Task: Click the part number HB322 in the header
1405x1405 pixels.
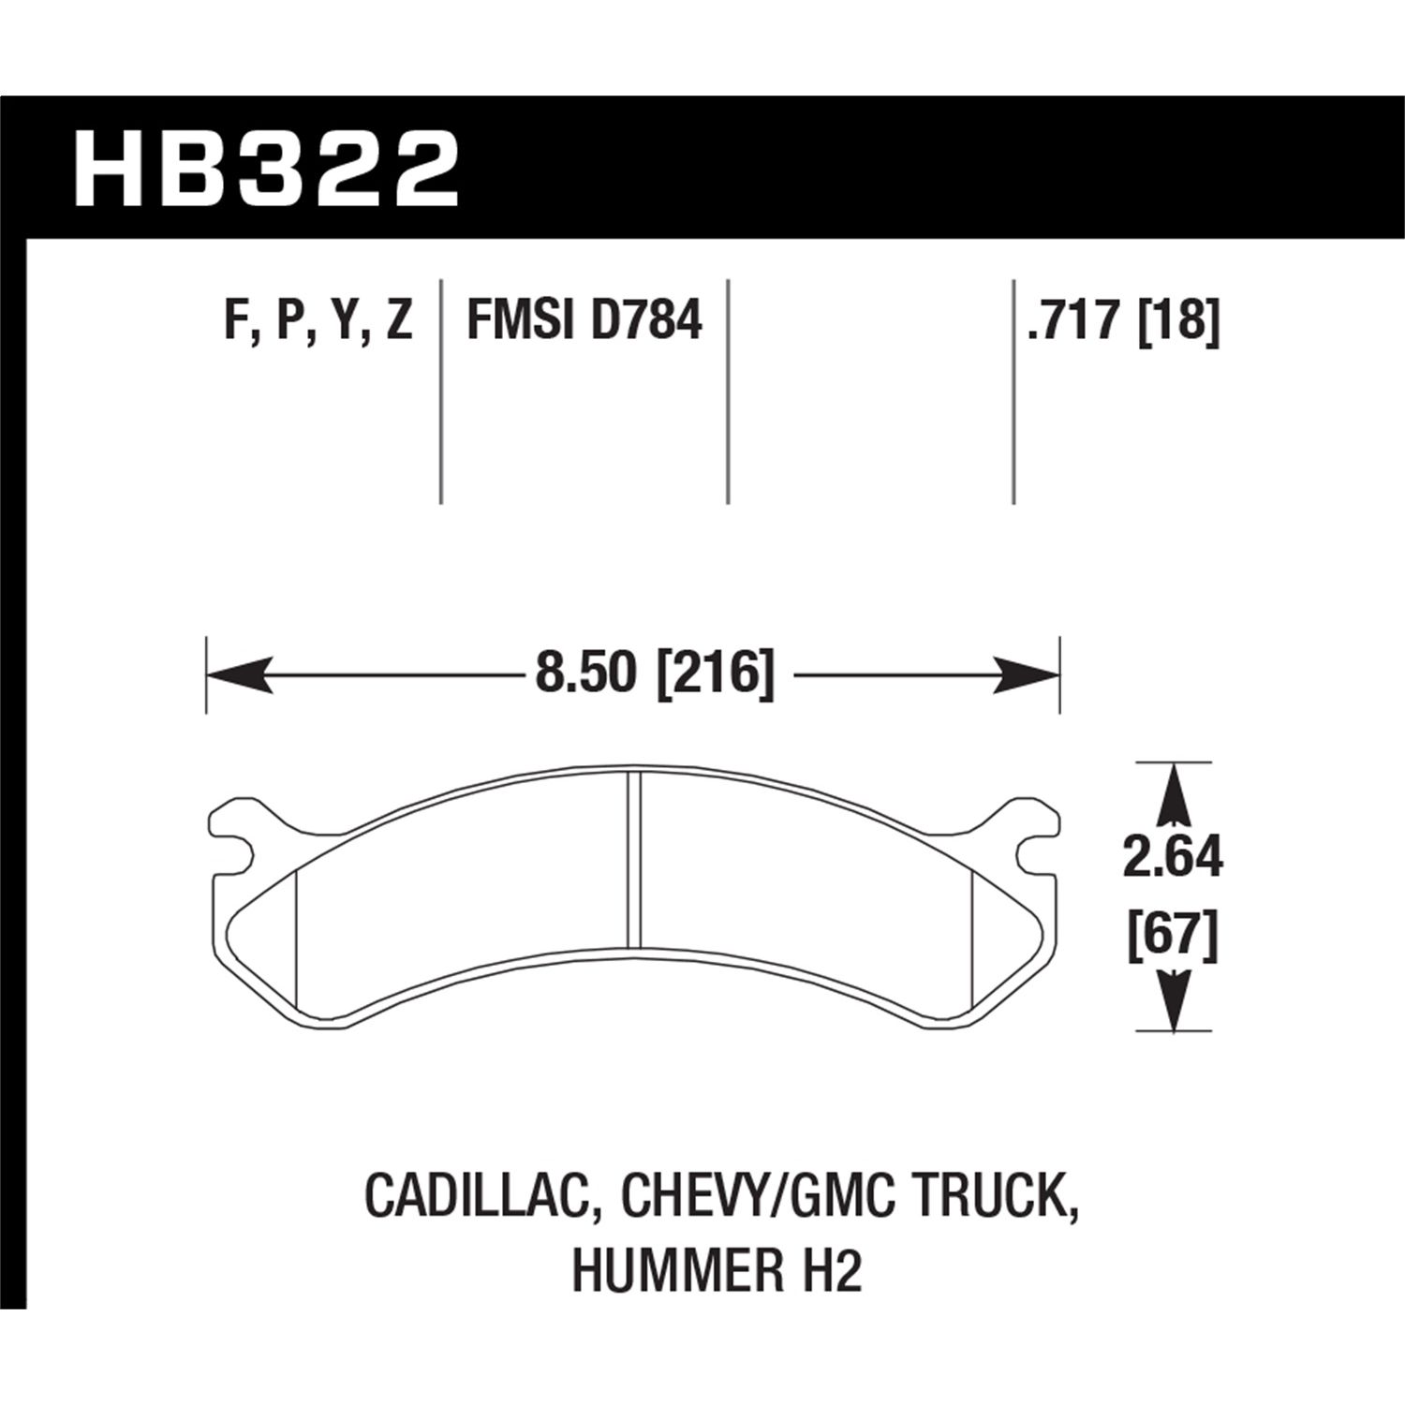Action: tap(266, 170)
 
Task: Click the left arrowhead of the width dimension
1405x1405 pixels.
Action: tap(238, 674)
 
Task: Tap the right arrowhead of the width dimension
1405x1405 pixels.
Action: tap(1027, 674)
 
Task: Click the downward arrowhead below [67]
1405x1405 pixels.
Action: tap(1173, 998)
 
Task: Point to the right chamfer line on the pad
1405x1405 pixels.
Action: tap(974, 937)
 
